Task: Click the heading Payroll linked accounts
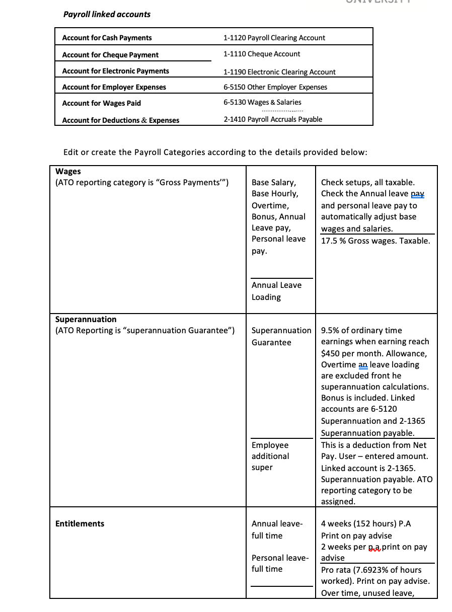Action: (x=107, y=14)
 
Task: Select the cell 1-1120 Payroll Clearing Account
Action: (x=274, y=38)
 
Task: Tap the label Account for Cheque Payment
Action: (x=110, y=55)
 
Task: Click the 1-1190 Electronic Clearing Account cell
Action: (x=279, y=72)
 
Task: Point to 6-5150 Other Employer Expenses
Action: (x=275, y=87)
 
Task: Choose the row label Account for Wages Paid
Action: (x=101, y=103)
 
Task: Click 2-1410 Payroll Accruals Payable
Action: (x=272, y=119)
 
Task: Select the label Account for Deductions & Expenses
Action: (x=120, y=120)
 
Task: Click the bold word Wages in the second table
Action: (x=68, y=171)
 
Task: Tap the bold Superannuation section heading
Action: (x=86, y=319)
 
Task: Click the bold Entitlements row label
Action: (x=80, y=523)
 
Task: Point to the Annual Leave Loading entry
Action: (x=276, y=291)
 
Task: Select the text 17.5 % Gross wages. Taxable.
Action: (x=375, y=241)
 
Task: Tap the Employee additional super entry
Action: (x=270, y=456)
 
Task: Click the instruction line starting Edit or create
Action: (x=215, y=152)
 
